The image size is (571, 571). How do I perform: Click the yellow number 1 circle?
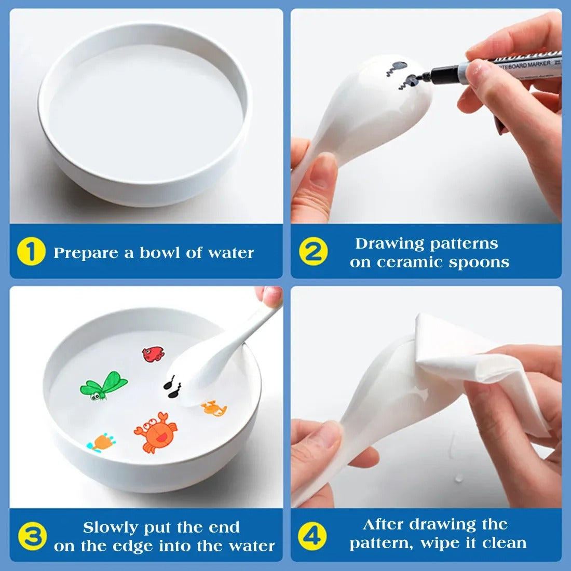click(31, 252)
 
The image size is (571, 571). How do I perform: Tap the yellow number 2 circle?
click(314, 252)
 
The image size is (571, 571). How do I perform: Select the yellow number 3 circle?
click(32, 536)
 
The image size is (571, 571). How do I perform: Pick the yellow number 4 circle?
click(312, 535)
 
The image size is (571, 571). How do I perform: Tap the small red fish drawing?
click(154, 354)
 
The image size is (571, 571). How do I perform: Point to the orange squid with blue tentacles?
click(102, 442)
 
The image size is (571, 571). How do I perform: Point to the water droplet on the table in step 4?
click(459, 479)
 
